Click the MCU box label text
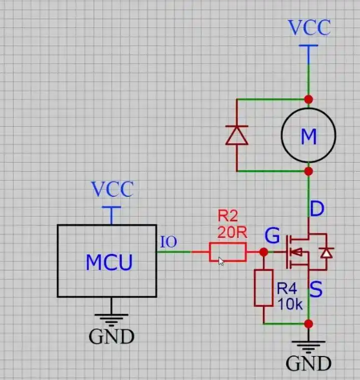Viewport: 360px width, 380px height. [x=110, y=262]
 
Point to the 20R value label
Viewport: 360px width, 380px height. [x=232, y=232]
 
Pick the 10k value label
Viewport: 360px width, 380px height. [x=290, y=304]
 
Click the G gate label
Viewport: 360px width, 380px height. [x=272, y=235]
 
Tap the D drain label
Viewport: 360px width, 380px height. [x=317, y=208]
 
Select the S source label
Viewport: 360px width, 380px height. [x=316, y=289]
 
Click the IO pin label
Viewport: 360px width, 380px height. [x=169, y=241]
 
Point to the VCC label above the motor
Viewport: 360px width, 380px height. [x=309, y=27]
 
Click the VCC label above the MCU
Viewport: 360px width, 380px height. [x=112, y=189]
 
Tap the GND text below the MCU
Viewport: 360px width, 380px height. [x=111, y=336]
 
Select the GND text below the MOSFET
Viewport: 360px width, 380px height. [x=309, y=363]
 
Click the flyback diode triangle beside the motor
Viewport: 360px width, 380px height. [x=237, y=135]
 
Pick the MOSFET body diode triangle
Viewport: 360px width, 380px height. [x=326, y=253]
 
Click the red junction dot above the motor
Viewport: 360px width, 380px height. [x=309, y=99]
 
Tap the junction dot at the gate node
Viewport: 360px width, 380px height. [x=264, y=252]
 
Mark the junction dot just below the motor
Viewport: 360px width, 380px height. [x=309, y=171]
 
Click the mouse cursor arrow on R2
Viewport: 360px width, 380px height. [x=221, y=261]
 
